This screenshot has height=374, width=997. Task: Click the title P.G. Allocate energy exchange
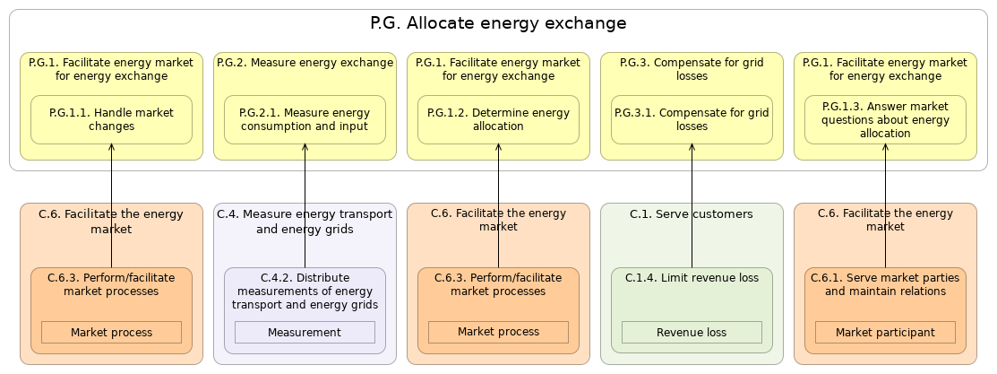point(498,23)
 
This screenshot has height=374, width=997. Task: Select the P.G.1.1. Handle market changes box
point(111,119)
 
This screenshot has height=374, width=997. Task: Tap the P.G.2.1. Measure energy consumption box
point(305,119)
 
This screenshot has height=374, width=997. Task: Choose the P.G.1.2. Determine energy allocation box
point(498,119)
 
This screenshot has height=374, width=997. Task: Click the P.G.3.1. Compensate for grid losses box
point(692,119)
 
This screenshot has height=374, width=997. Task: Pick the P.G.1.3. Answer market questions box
point(885,119)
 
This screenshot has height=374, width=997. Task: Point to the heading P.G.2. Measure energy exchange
point(305,63)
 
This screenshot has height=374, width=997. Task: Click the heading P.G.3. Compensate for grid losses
point(692,69)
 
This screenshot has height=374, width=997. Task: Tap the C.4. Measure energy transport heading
point(305,221)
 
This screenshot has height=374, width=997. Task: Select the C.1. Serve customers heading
point(692,213)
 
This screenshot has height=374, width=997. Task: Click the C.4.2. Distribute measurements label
point(305,291)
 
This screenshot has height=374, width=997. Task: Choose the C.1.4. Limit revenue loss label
point(692,278)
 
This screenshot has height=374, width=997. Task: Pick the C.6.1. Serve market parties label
point(885,284)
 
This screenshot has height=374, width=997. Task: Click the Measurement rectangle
point(305,333)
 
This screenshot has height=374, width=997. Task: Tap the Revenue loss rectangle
point(692,333)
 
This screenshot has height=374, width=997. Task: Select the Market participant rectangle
point(885,333)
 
